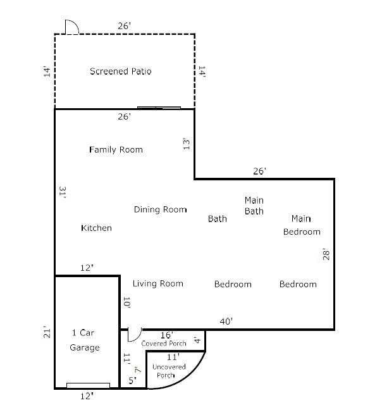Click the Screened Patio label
[x=120, y=72]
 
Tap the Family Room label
[x=116, y=150]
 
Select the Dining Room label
[x=160, y=209]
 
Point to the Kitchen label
[x=96, y=228]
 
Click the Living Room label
[x=158, y=283]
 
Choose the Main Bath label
[x=254, y=206]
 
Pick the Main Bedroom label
[x=302, y=225]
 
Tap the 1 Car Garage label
[x=84, y=340]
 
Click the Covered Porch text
[x=163, y=344]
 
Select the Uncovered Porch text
[x=169, y=371]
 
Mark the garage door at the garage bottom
[x=88, y=385]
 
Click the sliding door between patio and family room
[x=159, y=108]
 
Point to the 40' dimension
[x=226, y=321]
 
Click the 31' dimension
[x=63, y=192]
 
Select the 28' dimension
[x=326, y=254]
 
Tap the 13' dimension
[x=187, y=144]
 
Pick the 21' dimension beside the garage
[x=47, y=332]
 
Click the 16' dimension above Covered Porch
[x=167, y=335]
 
